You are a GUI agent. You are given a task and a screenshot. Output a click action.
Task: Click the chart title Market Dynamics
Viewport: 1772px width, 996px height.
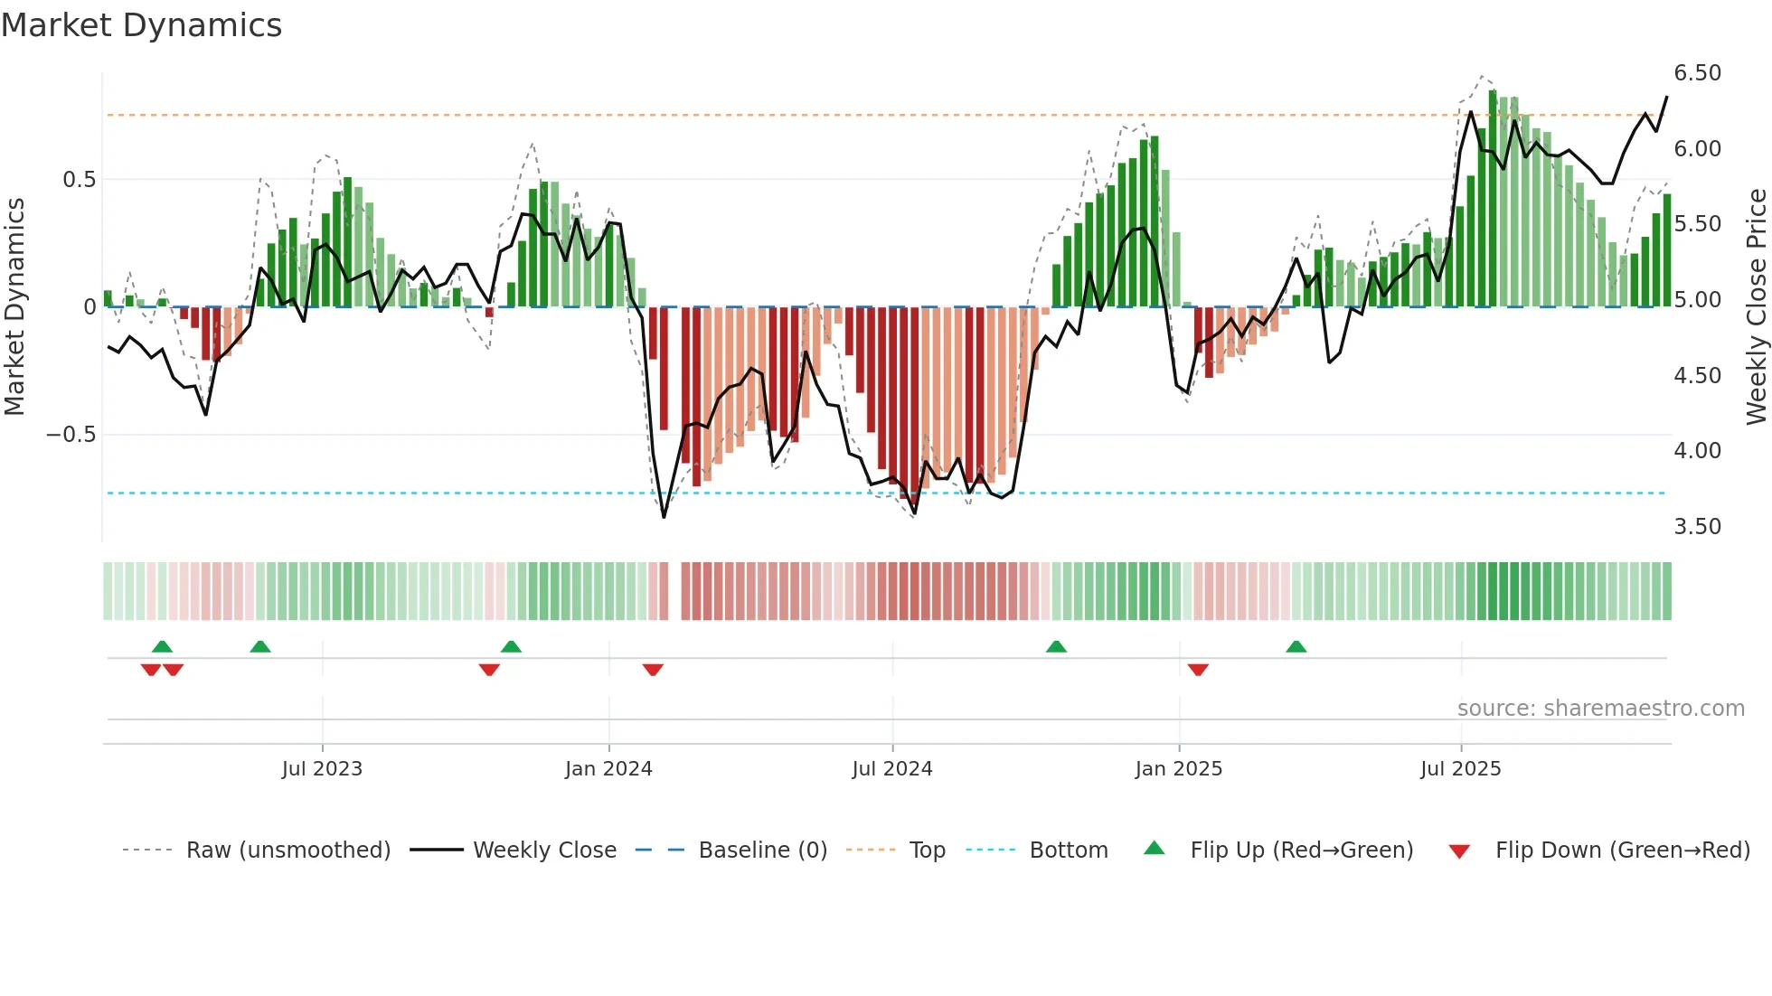[141, 25]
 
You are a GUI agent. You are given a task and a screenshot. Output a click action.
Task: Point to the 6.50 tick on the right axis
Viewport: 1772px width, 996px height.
[1697, 73]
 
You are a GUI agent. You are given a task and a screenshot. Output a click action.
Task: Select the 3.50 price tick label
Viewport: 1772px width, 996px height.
[1697, 527]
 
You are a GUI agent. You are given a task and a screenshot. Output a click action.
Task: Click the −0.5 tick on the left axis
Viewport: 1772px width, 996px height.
[71, 435]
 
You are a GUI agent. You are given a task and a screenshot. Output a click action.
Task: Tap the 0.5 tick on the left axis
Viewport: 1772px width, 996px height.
[79, 180]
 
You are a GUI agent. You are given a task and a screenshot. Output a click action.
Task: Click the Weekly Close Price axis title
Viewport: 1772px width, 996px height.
[1756, 307]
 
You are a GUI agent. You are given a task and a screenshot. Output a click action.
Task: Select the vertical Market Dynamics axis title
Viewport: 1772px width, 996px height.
[14, 307]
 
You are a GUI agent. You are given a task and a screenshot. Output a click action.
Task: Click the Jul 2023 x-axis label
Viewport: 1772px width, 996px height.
[322, 769]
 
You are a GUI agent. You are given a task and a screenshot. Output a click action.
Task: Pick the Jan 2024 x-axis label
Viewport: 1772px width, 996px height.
[608, 769]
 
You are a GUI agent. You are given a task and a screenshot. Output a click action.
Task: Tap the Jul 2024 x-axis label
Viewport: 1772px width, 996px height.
[892, 769]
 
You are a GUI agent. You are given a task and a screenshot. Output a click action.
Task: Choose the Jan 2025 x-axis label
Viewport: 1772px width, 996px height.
[1179, 769]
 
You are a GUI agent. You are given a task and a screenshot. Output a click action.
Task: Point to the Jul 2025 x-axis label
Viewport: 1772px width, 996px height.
[1461, 769]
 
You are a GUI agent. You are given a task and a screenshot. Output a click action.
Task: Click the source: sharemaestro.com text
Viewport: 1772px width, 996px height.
[1600, 709]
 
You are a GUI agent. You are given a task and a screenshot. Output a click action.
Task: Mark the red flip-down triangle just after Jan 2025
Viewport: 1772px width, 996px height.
[1198, 670]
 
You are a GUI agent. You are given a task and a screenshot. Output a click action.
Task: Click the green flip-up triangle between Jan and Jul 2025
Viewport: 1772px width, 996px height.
[1296, 646]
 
